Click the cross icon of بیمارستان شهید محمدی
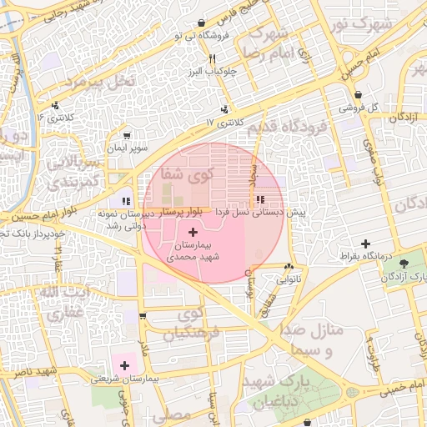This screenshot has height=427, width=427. coord(193,231)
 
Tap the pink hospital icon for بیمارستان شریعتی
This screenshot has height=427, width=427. coord(125,364)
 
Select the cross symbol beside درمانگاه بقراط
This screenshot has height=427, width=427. coord(364,244)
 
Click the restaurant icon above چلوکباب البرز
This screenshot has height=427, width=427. coord(213,58)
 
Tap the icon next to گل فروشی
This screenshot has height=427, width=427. coord(358,94)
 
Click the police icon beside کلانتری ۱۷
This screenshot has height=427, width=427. coord(224,109)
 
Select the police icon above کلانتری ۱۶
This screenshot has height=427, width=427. coord(55,105)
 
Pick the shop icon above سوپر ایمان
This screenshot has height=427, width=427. coord(126,135)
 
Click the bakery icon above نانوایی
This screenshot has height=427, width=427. coord(289,267)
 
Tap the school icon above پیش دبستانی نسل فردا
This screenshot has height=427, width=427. coord(260,200)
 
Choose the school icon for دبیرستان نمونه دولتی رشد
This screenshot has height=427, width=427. coord(125,200)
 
